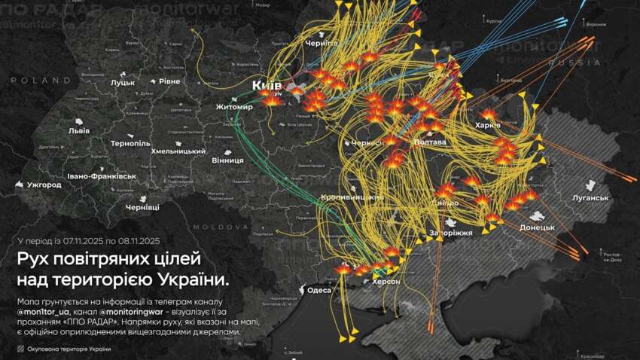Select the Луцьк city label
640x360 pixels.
[x=122, y=82]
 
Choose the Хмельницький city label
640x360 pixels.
[x=178, y=151]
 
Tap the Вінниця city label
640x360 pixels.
[x=207, y=160]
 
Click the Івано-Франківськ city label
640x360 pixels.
[x=101, y=175]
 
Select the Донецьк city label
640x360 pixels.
[x=537, y=227]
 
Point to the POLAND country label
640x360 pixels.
[x=29, y=80]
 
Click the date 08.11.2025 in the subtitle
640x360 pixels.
[x=134, y=241]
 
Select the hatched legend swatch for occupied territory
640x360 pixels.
[x=20, y=349]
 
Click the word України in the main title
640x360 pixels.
[x=191, y=280]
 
